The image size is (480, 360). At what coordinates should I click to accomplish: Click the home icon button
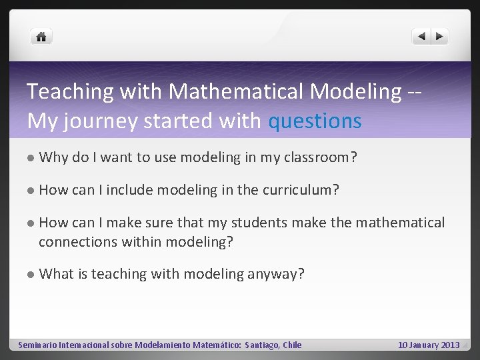(41, 37)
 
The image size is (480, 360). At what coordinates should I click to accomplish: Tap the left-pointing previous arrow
(421, 37)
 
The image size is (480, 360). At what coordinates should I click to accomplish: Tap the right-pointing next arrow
(439, 37)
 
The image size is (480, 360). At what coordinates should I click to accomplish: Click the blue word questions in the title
(315, 121)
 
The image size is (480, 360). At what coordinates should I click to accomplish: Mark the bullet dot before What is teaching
(31, 273)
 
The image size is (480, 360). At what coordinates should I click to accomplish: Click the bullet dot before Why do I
(31, 158)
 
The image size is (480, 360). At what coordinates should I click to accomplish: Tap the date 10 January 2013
(429, 345)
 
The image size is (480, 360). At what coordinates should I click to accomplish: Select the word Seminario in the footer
(37, 345)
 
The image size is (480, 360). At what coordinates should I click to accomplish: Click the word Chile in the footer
(292, 345)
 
